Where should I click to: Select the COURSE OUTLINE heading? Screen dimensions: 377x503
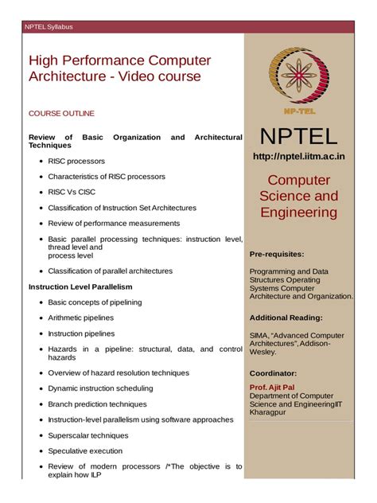click(61, 114)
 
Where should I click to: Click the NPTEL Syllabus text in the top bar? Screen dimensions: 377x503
click(49, 27)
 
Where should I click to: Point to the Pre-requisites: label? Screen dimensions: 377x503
click(277, 254)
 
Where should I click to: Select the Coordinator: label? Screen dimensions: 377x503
click(273, 372)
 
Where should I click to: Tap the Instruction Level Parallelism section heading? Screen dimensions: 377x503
click(80, 287)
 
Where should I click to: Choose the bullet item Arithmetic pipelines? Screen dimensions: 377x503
click(80, 318)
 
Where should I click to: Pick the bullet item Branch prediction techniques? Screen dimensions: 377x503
click(97, 404)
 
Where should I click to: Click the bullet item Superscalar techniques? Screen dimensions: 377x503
click(87, 435)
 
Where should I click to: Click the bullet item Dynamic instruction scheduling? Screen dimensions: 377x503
click(100, 388)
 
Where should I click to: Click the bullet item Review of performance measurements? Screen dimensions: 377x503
click(114, 223)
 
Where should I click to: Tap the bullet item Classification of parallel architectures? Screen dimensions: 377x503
click(110, 271)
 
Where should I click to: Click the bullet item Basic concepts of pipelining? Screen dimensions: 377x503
click(95, 302)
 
